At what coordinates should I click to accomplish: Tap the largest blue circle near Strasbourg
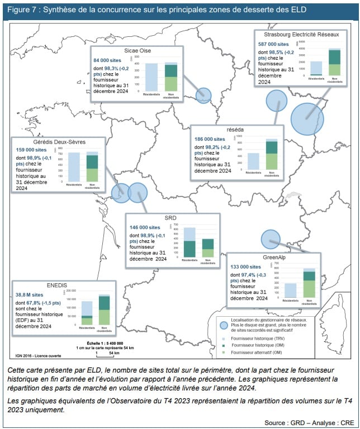click(x=307, y=118)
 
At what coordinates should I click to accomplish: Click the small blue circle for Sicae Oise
click(x=205, y=96)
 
